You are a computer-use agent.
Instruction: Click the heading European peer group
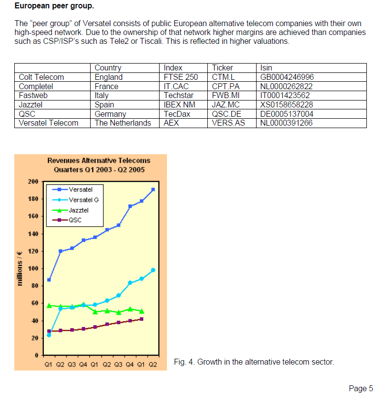tap(54, 6)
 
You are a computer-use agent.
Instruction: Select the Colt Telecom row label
tap(41, 77)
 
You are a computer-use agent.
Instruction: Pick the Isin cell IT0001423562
tap(285, 96)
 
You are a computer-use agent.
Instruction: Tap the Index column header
tap(173, 68)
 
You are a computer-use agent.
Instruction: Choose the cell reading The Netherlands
tap(123, 123)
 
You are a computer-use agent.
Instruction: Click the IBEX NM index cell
tap(180, 104)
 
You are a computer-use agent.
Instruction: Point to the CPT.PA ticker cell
tap(226, 86)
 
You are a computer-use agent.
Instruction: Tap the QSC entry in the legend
tap(75, 220)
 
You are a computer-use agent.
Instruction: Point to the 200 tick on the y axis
tap(33, 182)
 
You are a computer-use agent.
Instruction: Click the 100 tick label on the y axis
tap(33, 269)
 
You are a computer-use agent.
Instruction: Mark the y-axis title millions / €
tap(20, 268)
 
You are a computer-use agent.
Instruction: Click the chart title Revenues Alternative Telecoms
tap(98, 161)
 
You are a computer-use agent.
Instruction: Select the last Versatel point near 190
tap(153, 189)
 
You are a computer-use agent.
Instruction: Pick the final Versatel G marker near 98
tap(153, 270)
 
